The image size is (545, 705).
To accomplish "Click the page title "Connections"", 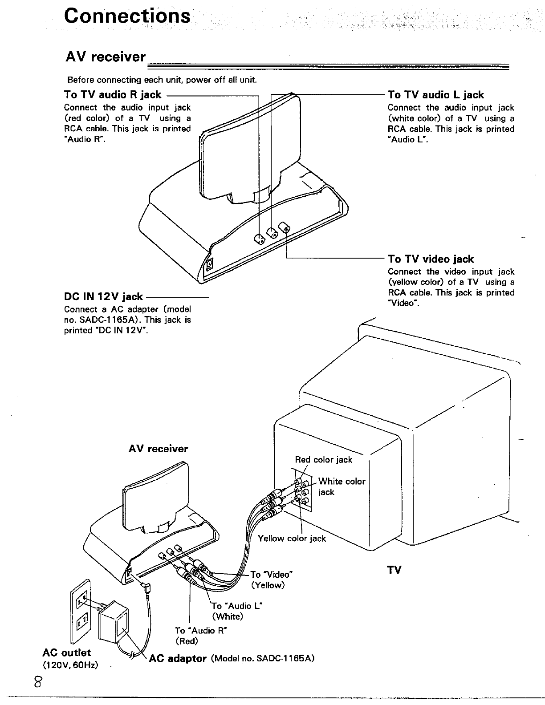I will (127, 16).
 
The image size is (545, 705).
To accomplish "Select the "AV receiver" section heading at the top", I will (106, 57).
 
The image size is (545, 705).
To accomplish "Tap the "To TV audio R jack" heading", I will (113, 95).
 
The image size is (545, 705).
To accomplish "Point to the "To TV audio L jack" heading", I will (435, 95).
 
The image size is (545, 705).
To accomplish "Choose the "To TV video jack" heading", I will (431, 259).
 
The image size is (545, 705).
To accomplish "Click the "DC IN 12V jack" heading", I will (104, 297).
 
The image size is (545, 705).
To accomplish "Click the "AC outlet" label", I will (66, 652).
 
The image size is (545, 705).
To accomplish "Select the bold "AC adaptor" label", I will (178, 658).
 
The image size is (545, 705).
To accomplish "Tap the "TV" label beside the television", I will (394, 570).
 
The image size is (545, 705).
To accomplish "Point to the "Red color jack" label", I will (323, 460).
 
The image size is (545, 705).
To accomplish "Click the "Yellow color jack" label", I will (292, 539).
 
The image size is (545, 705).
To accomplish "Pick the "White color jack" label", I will (341, 486).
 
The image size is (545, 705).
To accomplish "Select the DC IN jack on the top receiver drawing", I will (209, 266).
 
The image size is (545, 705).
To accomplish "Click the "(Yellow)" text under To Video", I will (267, 585).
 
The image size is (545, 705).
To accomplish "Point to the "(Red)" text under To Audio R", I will (186, 641).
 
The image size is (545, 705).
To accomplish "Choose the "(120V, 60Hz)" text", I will (70, 665).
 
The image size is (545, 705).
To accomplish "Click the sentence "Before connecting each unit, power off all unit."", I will (162, 81).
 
